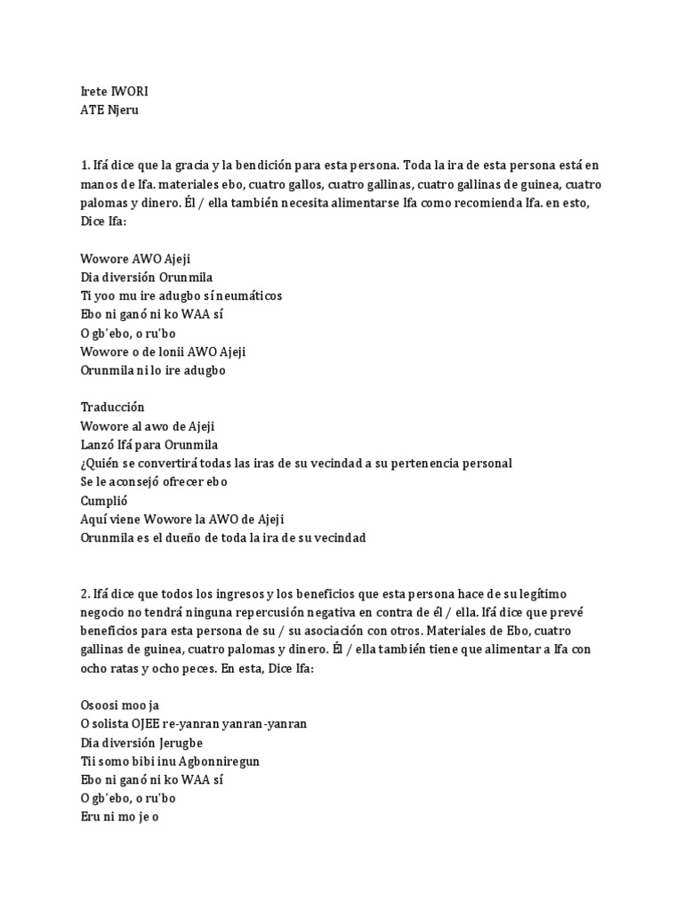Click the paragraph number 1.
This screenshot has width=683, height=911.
(x=84, y=165)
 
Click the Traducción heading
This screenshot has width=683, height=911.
(x=112, y=407)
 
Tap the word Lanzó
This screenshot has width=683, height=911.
(x=100, y=444)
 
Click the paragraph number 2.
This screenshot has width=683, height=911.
(x=84, y=593)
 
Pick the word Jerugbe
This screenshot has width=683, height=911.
(x=189, y=742)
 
